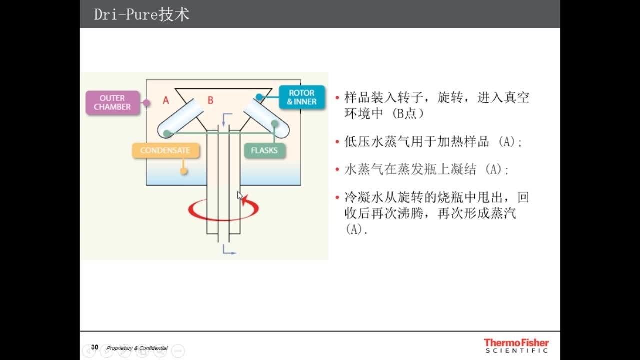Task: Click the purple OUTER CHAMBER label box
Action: pyautogui.click(x=113, y=103)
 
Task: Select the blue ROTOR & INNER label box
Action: pyautogui.click(x=302, y=97)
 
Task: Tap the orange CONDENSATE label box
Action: pyautogui.click(x=165, y=150)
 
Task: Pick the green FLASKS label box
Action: pyautogui.click(x=265, y=150)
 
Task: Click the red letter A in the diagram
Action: pyautogui.click(x=166, y=100)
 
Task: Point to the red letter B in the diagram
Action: pyautogui.click(x=210, y=100)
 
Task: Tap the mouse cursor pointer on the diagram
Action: pyautogui.click(x=240, y=195)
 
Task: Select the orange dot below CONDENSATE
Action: pyautogui.click(x=183, y=171)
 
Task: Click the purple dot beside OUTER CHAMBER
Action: pyautogui.click(x=146, y=103)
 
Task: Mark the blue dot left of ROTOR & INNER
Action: pyautogui.click(x=259, y=97)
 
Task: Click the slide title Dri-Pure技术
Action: pyautogui.click(x=142, y=14)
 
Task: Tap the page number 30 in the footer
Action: pyautogui.click(x=95, y=347)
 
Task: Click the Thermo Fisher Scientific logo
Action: pyautogui.click(x=516, y=345)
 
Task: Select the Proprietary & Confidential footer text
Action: pyautogui.click(x=137, y=348)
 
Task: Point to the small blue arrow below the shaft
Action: pyautogui.click(x=229, y=250)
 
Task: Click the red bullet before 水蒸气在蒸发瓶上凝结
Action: pyautogui.click(x=337, y=169)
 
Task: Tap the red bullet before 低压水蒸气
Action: pyautogui.click(x=337, y=142)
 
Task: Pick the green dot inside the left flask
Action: pyautogui.click(x=167, y=133)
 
